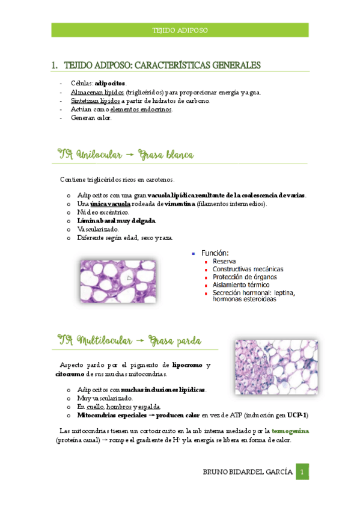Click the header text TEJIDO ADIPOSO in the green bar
[x=180, y=30]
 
